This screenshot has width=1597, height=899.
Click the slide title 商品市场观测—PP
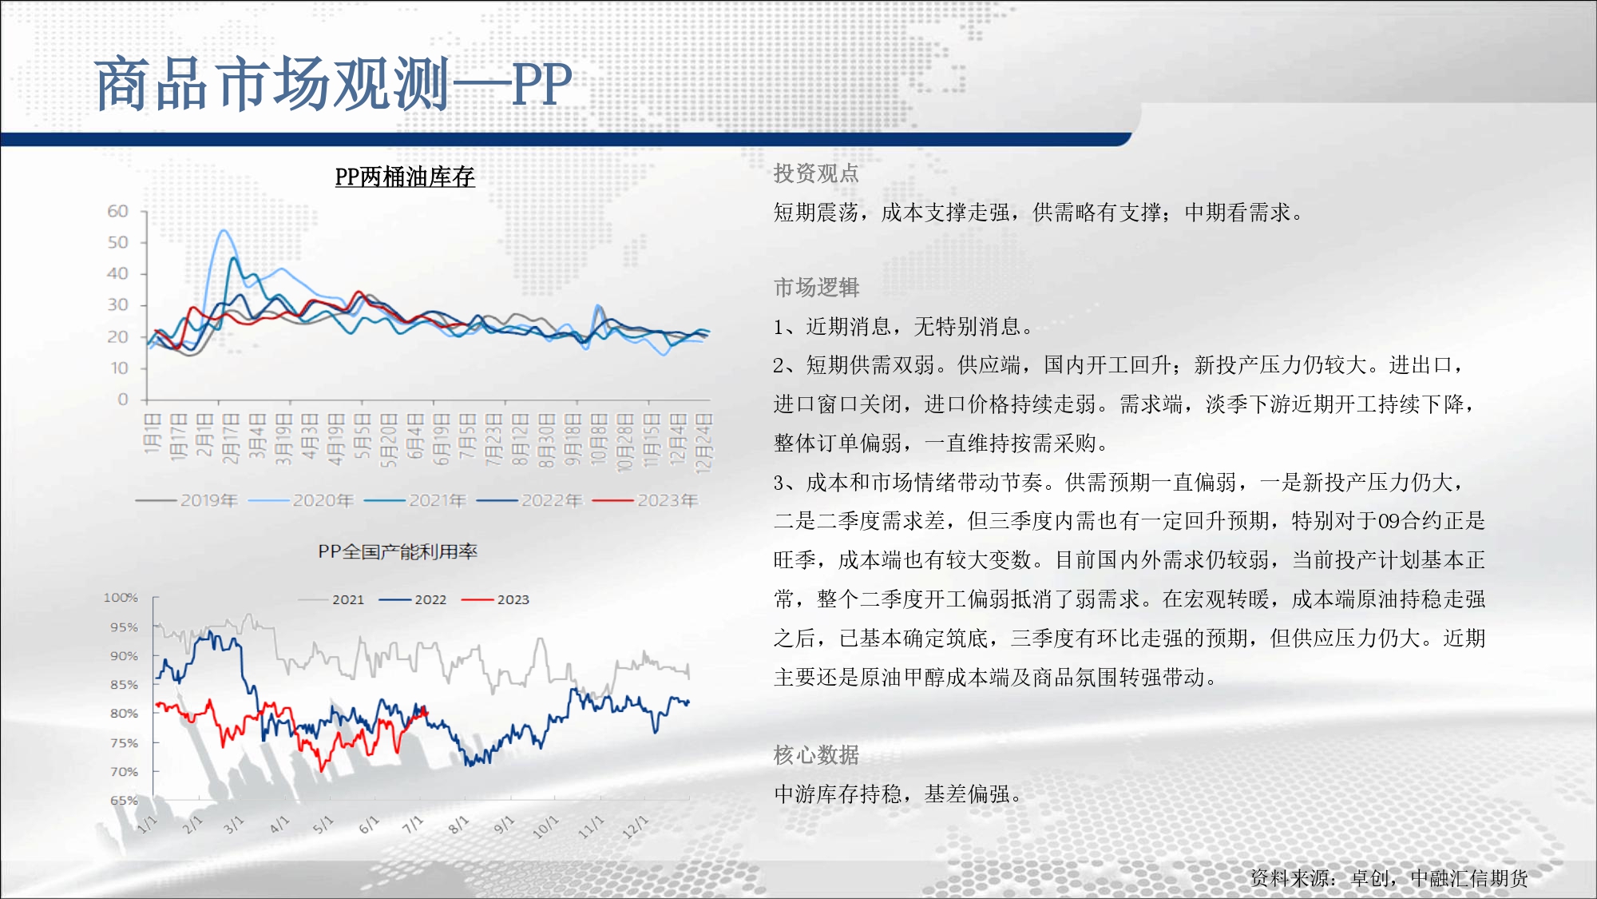point(334,84)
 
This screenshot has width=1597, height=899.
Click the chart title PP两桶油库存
point(405,177)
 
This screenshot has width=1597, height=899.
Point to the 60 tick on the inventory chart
point(117,211)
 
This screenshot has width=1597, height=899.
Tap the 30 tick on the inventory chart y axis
point(117,304)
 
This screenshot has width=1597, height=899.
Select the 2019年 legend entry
point(187,500)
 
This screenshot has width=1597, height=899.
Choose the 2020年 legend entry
point(301,500)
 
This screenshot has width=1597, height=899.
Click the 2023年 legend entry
point(645,500)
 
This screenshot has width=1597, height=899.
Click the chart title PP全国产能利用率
point(398,551)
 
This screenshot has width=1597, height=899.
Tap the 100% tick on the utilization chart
point(121,598)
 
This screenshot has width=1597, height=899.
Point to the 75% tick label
point(124,742)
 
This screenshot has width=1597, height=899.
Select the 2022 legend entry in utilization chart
point(413,599)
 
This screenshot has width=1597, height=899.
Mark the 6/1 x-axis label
point(368,825)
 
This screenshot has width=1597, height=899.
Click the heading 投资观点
point(816,173)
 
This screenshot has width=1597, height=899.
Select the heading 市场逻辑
point(816,288)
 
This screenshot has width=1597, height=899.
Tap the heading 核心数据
point(816,754)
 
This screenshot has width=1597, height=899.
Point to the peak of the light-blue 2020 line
point(224,230)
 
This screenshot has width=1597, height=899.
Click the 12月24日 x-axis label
point(703,443)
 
